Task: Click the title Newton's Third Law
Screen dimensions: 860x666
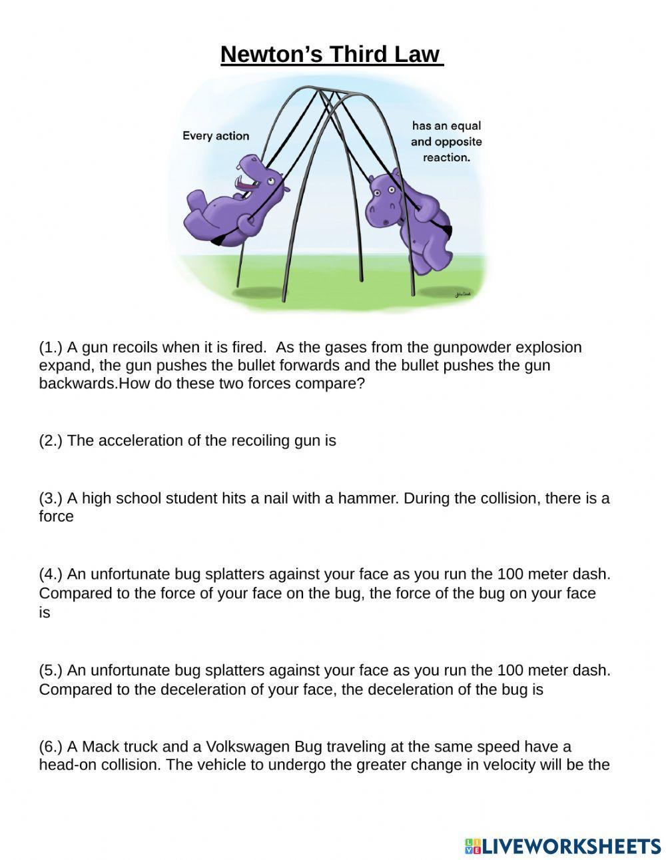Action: coord(332,55)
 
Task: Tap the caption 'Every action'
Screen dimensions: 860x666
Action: coord(215,136)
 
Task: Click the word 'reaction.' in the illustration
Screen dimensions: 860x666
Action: coord(446,158)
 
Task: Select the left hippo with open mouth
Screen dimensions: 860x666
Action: coord(233,200)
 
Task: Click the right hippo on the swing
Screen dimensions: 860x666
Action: coord(406,220)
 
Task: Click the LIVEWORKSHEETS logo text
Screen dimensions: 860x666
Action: coord(571,846)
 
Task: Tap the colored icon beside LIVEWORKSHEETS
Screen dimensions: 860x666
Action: coord(472,846)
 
